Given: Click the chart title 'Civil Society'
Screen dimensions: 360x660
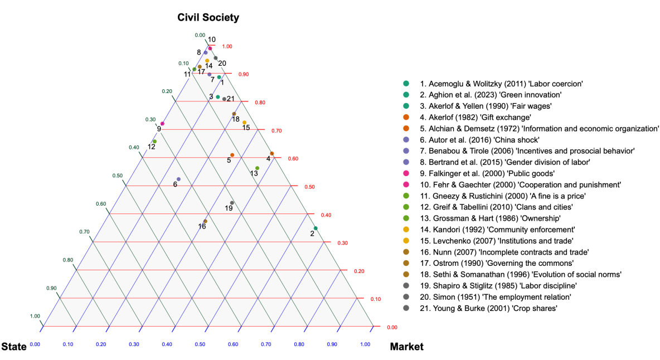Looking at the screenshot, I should [208, 18].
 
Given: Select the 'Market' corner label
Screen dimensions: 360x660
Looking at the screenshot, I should [406, 347].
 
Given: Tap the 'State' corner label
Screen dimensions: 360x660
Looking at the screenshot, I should [14, 347].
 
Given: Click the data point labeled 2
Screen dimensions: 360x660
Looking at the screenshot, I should [316, 228].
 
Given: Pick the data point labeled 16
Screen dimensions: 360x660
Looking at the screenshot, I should [205, 221].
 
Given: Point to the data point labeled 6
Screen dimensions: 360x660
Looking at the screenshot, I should [178, 179].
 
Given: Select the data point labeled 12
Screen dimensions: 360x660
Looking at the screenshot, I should [154, 142].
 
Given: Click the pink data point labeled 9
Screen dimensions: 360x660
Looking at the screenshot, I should [162, 124].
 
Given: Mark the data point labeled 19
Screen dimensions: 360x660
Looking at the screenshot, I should [232, 202].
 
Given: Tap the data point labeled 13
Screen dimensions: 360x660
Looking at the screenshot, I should [257, 168].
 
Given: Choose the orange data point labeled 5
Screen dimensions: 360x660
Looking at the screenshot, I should [232, 155].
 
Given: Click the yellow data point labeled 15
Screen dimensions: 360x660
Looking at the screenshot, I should [244, 123].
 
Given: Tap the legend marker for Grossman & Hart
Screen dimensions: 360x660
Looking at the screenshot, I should [406, 218].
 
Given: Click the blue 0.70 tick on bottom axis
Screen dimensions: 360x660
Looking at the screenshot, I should [266, 344].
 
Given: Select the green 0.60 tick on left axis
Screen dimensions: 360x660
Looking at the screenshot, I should [100, 203].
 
